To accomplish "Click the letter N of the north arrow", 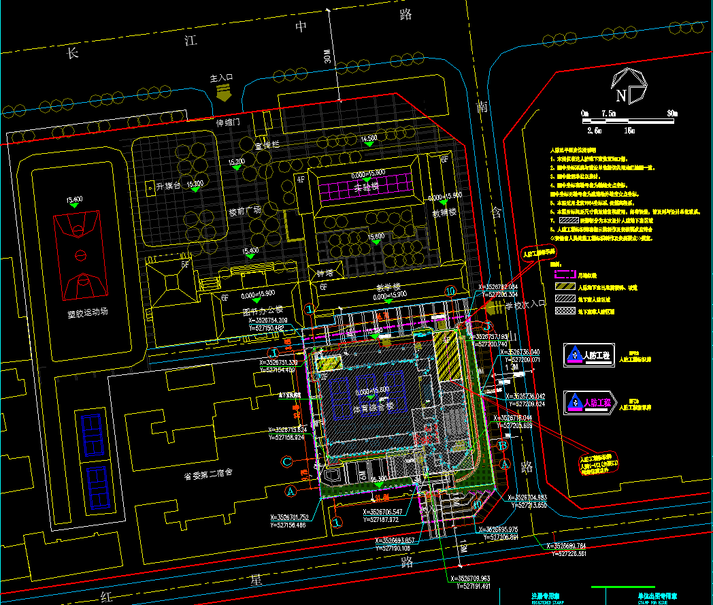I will pyautogui.click(x=621, y=96).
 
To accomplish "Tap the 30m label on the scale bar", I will pyautogui.click(x=672, y=113).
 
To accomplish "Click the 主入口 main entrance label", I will pyautogui.click(x=222, y=78).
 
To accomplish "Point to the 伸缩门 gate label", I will pyautogui.click(x=229, y=123).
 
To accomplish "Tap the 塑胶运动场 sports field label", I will pyautogui.click(x=88, y=314).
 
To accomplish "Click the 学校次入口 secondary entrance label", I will pyautogui.click(x=526, y=306).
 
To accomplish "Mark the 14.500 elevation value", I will pyautogui.click(x=369, y=139).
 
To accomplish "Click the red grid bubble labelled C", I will pyautogui.click(x=287, y=461).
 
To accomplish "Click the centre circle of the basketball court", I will pyautogui.click(x=81, y=255).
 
